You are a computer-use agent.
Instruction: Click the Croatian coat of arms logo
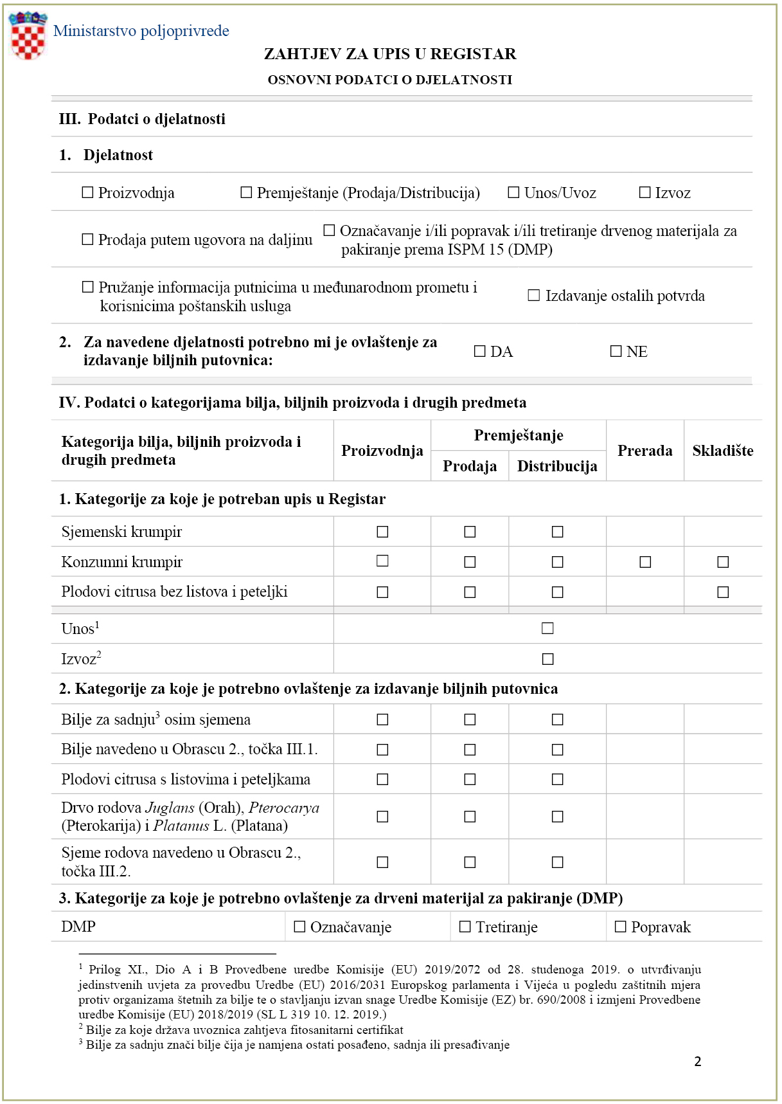[x=28, y=36]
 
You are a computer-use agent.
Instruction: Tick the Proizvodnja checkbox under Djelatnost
[x=88, y=192]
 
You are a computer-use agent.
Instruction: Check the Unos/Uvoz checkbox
[x=513, y=192]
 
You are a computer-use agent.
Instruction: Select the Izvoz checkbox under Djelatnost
[x=644, y=192]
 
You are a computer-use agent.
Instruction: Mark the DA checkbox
[x=479, y=351]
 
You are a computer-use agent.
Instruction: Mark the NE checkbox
[x=616, y=351]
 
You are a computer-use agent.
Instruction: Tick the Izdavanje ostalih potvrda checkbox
[x=533, y=295]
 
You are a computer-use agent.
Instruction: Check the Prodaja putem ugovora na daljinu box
[x=88, y=239]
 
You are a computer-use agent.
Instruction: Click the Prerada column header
[x=644, y=450]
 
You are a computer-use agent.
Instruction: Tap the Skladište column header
[x=722, y=450]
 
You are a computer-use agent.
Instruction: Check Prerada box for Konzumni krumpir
[x=645, y=562]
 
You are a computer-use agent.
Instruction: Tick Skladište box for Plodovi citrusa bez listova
[x=723, y=592]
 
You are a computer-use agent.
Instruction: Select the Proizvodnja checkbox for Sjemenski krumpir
[x=382, y=532]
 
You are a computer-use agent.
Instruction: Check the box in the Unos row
[x=547, y=628]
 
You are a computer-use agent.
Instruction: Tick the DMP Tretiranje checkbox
[x=465, y=927]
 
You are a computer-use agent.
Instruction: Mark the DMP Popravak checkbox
[x=620, y=927]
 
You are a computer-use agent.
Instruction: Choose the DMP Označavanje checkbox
[x=299, y=927]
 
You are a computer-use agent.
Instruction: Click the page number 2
[x=698, y=1062]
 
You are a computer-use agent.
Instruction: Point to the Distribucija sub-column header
[x=557, y=466]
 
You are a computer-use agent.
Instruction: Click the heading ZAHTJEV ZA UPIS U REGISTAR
[x=390, y=54]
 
